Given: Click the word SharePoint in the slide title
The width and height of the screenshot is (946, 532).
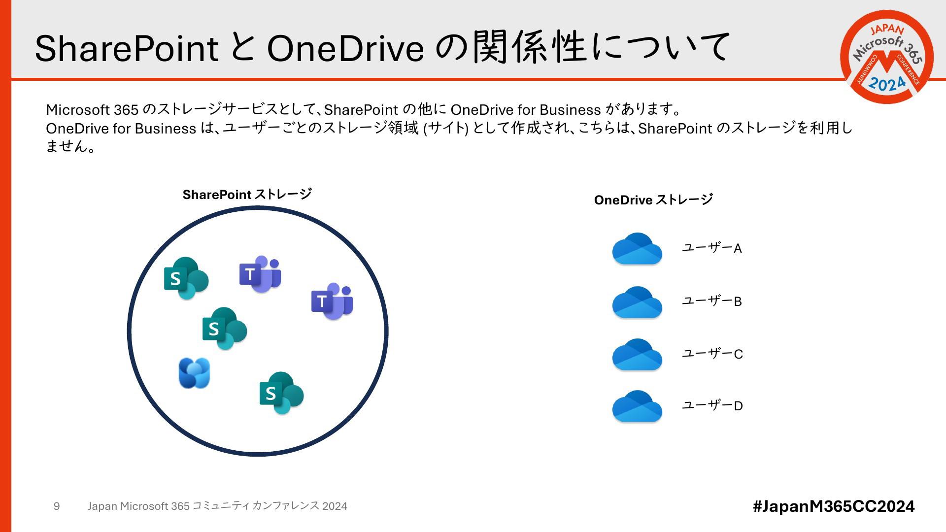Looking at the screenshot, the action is click(127, 48).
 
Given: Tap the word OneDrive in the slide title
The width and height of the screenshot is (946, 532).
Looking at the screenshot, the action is click(345, 48).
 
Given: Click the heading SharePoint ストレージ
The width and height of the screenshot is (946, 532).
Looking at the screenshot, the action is click(247, 195).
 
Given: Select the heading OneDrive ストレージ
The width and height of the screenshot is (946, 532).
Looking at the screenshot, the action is click(653, 200).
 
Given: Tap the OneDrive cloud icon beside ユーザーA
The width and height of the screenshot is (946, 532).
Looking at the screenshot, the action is click(637, 249).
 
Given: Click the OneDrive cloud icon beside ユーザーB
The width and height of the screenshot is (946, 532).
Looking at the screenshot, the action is click(637, 302).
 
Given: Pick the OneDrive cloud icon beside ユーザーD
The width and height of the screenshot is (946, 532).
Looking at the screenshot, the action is click(637, 406).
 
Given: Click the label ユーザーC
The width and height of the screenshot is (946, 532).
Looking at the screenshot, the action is click(712, 354).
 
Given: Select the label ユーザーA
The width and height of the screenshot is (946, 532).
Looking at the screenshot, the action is click(712, 248).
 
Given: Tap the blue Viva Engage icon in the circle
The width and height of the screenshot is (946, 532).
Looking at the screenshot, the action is click(194, 373).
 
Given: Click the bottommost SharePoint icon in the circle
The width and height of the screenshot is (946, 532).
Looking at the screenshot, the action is click(282, 393).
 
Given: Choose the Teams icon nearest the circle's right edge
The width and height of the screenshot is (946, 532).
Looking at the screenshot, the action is click(332, 301).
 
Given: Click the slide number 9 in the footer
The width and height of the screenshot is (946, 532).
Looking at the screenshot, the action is click(57, 506).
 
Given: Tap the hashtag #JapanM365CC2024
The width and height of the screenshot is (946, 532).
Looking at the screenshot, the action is click(834, 506).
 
